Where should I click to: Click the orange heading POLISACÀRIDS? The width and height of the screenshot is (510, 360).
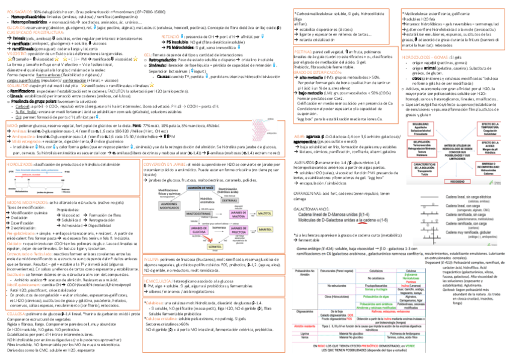[x=14, y=11]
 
